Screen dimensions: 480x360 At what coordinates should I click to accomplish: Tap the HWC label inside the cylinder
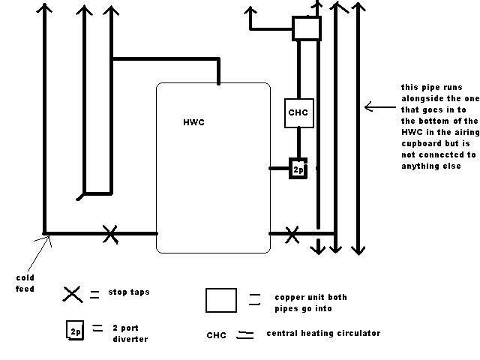pos(193,122)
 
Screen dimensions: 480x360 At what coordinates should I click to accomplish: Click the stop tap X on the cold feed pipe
pos(110,235)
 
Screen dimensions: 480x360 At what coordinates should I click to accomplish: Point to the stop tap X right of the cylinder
pos(292,235)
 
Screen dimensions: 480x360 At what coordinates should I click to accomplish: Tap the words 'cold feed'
pos(25,283)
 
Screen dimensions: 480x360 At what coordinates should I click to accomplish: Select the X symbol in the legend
pos(73,295)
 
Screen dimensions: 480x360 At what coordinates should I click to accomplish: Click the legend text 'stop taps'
pos(129,292)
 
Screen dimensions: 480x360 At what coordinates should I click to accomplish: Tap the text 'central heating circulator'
pos(323,333)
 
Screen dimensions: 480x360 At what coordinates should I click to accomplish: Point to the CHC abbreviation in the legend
pos(217,335)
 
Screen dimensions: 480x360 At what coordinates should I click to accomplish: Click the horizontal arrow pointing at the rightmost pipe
pos(380,107)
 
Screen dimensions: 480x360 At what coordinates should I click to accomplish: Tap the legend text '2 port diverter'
pos(130,333)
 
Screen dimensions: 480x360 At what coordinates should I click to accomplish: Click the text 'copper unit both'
pos(310,297)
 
